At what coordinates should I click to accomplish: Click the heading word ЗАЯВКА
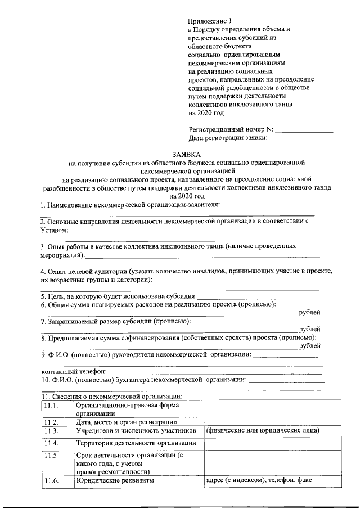pos(185,154)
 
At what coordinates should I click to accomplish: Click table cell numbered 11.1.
pos(51,406)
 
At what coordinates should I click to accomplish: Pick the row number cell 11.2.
pos(51,422)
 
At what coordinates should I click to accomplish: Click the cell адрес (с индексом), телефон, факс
pos(259,481)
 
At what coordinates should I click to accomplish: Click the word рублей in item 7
pos(310,329)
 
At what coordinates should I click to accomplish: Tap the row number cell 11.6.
pos(51,481)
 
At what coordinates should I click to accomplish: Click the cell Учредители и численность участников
pos(136,431)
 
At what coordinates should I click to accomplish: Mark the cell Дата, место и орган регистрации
pos(127,422)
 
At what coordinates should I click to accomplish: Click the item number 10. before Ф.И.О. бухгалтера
pos(46,380)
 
